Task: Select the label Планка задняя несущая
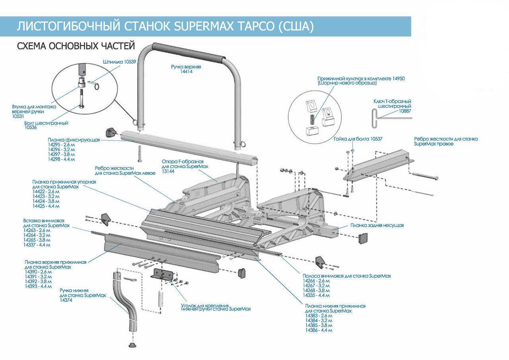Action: [x=377, y=225]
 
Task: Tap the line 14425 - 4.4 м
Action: [x=46, y=206]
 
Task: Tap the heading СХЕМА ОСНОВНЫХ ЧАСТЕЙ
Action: [x=76, y=46]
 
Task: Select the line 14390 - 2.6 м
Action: [x=38, y=272]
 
